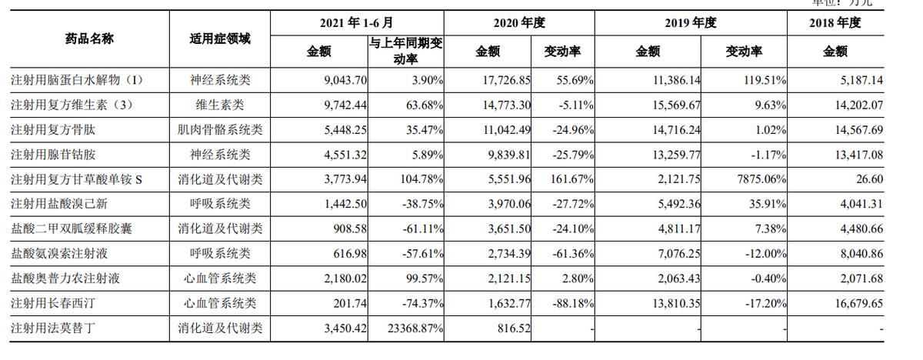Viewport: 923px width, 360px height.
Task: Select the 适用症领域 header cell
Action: click(x=219, y=38)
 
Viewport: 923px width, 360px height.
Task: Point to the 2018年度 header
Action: click(x=835, y=23)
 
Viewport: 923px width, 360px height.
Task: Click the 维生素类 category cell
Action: click(x=219, y=105)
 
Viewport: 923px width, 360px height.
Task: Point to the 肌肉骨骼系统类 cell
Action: click(x=219, y=130)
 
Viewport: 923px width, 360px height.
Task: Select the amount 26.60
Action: click(x=868, y=179)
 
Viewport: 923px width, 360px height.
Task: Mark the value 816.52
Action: click(x=515, y=328)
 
